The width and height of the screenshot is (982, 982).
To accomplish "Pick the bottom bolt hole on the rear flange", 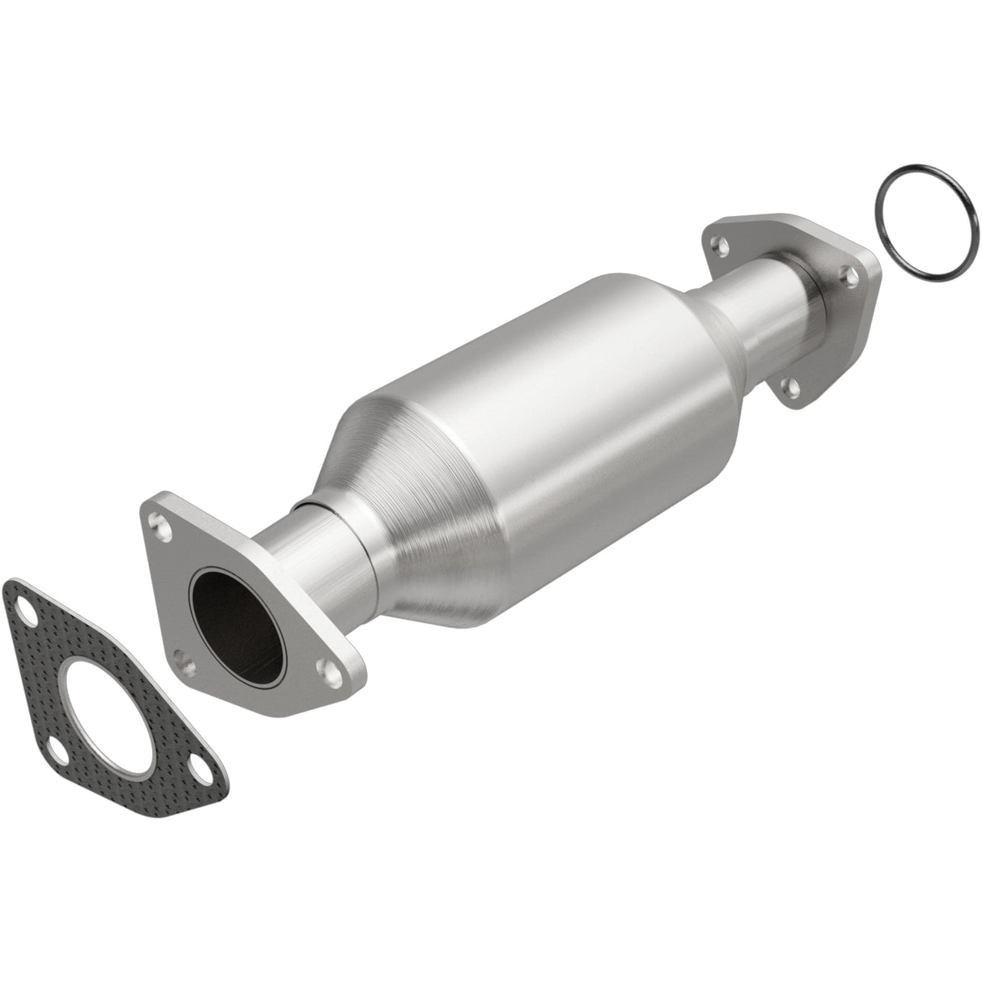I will [795, 388].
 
